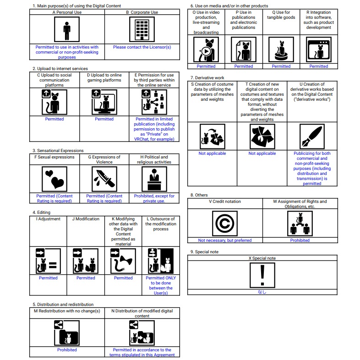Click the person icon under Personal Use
coord(67,29)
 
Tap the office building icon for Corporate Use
coord(142,29)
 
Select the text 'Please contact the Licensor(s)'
coord(142,47)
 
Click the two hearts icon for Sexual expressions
coord(55,179)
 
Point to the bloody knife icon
coord(104,179)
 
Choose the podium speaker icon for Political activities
coord(154,179)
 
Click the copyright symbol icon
coord(225,224)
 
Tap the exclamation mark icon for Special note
coord(262,275)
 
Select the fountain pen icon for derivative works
coord(312,136)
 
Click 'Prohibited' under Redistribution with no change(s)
coord(67,349)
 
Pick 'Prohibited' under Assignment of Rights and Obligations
coord(300,240)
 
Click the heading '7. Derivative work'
coord(207,77)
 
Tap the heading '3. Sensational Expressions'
coord(58,150)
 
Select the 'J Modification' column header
coord(86,219)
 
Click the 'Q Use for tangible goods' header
coord(281,15)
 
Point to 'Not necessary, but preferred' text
coord(225,240)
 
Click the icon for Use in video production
coord(206,49)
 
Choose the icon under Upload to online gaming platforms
coord(104,102)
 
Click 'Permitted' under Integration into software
coord(318,66)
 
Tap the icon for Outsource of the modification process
coord(161,261)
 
